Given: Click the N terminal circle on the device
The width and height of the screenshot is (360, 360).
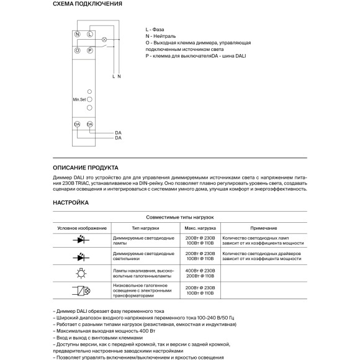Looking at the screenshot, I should pos(77,35).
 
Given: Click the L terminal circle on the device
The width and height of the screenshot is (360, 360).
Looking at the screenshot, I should pos(90,35).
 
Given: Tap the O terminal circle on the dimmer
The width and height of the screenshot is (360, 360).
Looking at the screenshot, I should pos(77,49).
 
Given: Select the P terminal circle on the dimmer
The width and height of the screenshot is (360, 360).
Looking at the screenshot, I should pos(90,49).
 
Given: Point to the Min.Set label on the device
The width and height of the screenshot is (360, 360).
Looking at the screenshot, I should pos(78,99).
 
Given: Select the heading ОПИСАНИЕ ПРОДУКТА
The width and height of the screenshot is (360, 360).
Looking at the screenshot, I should pos(86,168).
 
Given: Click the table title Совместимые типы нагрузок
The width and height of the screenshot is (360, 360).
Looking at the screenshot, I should pos(179,218).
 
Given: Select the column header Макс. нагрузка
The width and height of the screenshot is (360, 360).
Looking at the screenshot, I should pos(200,228).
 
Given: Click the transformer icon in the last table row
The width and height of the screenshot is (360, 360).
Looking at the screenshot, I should pos(81,290).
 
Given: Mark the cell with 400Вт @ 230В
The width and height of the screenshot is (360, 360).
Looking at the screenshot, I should pos(200,271).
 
